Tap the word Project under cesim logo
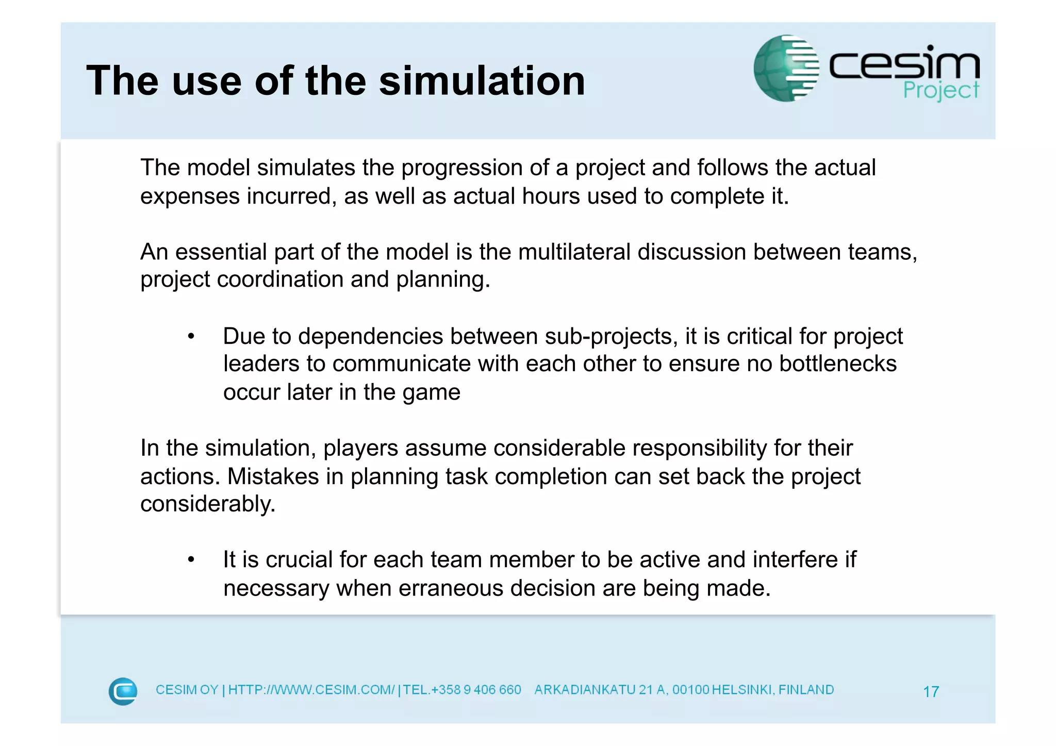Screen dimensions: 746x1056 [940, 91]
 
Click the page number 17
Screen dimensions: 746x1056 [931, 691]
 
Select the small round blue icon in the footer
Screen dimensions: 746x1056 [123, 691]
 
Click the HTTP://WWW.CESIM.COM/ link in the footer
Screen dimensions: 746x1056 [311, 690]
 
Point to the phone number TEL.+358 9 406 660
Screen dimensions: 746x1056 [462, 690]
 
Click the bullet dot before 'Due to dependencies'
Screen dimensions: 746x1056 [191, 337]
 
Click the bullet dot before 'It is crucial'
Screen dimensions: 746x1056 [191, 560]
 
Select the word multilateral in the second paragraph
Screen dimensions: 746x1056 [574, 252]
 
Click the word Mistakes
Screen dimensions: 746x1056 [273, 476]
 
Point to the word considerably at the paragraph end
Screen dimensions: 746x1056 [207, 504]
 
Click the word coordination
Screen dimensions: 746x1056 [280, 280]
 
